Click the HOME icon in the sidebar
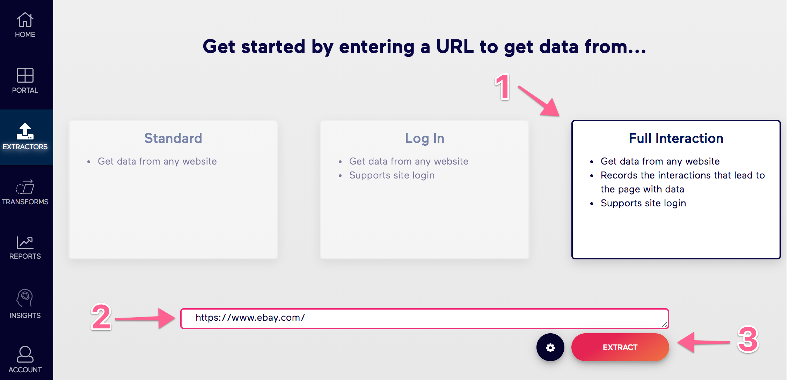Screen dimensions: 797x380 coord(25,20)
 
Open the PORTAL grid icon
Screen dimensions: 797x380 coord(25,75)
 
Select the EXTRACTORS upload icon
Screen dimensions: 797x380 coord(25,131)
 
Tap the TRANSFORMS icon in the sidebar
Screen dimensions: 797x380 coord(25,187)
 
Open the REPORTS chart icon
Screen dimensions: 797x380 coord(25,243)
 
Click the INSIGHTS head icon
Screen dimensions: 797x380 coord(25,298)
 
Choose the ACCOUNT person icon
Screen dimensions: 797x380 coord(25,354)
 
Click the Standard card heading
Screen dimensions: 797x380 coord(173,138)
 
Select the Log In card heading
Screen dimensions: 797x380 coord(425,138)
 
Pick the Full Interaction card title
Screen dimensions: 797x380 coord(676,138)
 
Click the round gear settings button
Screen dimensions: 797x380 coord(550,347)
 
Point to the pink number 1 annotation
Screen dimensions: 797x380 coord(503,87)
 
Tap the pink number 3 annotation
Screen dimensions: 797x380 coord(748,339)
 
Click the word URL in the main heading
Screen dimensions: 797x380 coord(455,46)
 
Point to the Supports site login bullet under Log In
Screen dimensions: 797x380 coord(392,175)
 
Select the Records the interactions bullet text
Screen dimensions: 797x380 coord(682,182)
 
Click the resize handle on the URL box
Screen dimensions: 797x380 coord(664,325)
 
